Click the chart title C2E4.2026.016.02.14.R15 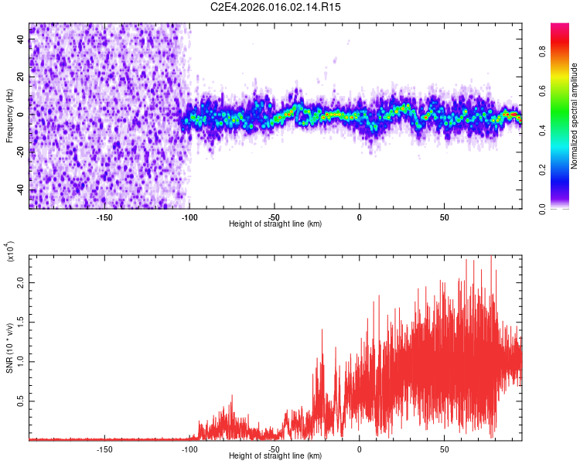click(275, 7)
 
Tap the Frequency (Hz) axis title click(9, 115)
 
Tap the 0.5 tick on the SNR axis click(21, 401)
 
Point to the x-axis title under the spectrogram click(275, 223)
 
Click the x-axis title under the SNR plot click(275, 456)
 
